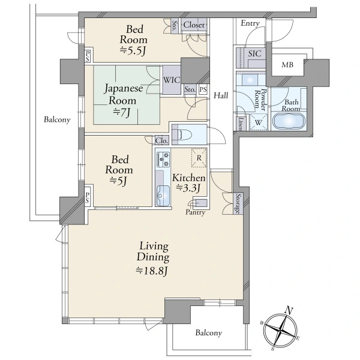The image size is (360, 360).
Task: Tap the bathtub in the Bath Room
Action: [x=289, y=121]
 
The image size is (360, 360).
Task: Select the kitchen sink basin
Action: [x=163, y=196]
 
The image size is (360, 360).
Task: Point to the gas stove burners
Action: [x=163, y=159]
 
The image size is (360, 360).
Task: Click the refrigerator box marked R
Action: [x=199, y=158]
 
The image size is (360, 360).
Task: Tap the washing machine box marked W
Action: [x=258, y=122]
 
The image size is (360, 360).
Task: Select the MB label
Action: [x=287, y=65]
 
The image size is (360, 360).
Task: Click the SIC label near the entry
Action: [x=254, y=54]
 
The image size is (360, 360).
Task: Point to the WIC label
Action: [x=172, y=80]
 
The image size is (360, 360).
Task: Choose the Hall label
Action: [x=221, y=95]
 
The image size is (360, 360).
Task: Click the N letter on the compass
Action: [x=289, y=311]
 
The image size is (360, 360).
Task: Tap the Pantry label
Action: [x=195, y=212]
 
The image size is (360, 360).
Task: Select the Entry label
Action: [x=250, y=23]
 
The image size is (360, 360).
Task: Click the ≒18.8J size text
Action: [x=152, y=271]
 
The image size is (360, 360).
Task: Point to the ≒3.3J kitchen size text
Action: [x=188, y=188]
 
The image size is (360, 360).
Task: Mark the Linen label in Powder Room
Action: [x=241, y=124]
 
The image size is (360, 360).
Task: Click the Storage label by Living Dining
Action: [x=239, y=204]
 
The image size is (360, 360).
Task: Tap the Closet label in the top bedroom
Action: [x=194, y=25]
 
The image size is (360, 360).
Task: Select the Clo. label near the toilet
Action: [x=161, y=140]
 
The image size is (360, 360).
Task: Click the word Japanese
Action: [x=124, y=89]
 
